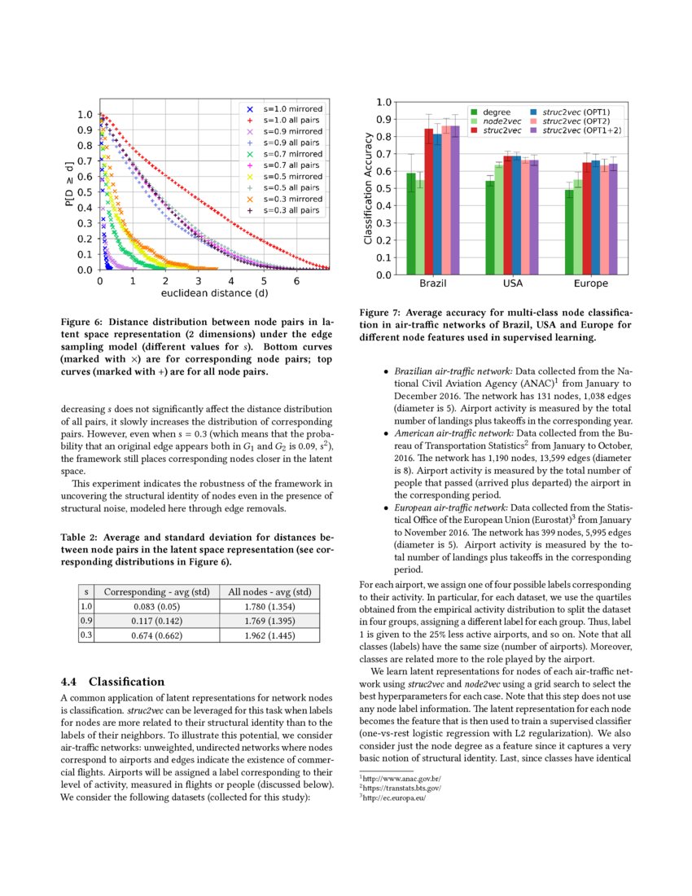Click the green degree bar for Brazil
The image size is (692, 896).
click(x=411, y=224)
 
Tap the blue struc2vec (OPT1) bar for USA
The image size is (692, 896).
click(x=516, y=215)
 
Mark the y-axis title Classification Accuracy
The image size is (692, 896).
click(x=368, y=188)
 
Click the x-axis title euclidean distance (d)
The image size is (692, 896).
click(x=214, y=292)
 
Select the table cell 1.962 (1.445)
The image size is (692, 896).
click(x=269, y=635)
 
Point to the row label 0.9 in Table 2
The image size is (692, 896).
click(x=86, y=621)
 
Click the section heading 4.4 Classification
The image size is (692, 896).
click(x=113, y=681)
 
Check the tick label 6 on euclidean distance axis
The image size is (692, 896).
click(x=296, y=280)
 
